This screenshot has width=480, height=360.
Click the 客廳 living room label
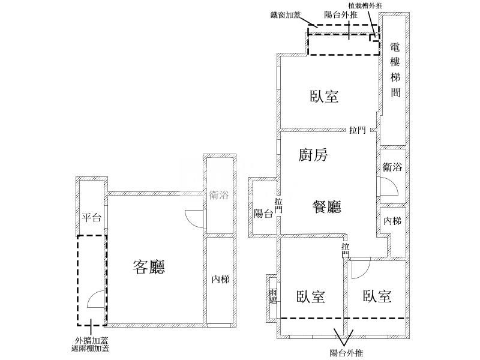point(149,268)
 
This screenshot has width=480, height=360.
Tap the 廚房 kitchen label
point(313,156)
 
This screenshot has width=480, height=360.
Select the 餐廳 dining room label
point(327,208)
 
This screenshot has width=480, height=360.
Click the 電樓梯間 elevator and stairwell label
point(395,70)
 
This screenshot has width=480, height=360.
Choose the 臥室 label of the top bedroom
point(325,97)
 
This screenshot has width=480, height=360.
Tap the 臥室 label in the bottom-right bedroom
point(377,296)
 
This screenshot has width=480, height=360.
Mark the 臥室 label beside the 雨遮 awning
point(311,297)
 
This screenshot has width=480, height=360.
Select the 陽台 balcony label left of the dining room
point(263,213)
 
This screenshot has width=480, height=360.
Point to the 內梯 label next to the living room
point(220,279)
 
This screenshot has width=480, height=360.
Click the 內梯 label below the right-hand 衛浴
point(392,221)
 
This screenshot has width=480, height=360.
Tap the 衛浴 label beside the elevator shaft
point(392,168)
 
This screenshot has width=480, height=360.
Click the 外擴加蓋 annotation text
point(88,340)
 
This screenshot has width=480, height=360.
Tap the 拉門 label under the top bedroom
point(358,130)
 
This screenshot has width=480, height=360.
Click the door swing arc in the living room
point(194,218)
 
